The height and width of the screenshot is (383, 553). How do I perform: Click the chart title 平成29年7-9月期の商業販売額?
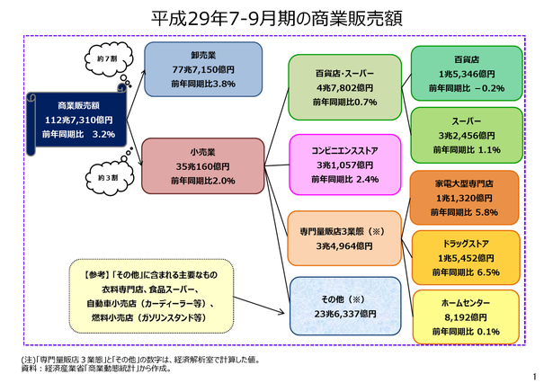pos(277,18)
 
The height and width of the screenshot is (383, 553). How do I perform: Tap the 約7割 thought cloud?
pos(108,59)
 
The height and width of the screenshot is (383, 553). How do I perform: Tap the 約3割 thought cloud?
pos(110,178)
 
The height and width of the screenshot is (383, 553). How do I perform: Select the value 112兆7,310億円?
pos(78,120)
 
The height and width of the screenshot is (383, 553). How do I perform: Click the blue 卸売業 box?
pos(203,69)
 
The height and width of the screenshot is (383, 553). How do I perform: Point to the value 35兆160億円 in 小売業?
pos(203,166)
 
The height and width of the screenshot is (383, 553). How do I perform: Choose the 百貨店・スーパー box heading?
pos(344,74)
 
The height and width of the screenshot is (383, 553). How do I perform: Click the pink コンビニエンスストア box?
pos(345,165)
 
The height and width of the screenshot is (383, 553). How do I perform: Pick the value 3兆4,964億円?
pos(344,245)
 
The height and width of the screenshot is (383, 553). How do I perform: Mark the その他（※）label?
pos(343,299)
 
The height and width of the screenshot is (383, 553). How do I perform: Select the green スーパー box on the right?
pos(467,136)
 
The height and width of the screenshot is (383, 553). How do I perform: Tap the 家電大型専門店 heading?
pos(464,183)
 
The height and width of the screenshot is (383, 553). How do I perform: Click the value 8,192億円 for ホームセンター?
pos(466,317)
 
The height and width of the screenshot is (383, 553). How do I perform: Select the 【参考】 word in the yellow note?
pos(95,275)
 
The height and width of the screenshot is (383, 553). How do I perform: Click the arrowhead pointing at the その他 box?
pos(281,312)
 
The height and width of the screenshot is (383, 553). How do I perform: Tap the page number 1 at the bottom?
pos(535,377)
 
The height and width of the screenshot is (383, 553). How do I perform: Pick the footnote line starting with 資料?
pos(97,369)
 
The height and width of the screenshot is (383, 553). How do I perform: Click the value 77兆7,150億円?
pos(203,69)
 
